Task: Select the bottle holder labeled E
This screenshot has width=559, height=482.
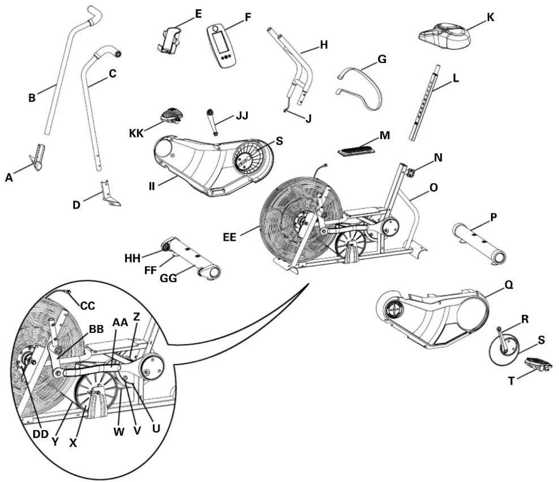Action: click(x=171, y=41)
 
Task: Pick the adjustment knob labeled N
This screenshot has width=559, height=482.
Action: click(x=410, y=173)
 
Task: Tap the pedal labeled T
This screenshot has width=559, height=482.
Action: click(x=537, y=364)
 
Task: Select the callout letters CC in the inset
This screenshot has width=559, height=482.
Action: click(x=88, y=305)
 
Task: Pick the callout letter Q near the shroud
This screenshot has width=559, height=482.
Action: click(x=509, y=286)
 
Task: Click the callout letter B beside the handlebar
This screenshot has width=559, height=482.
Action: click(x=32, y=98)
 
